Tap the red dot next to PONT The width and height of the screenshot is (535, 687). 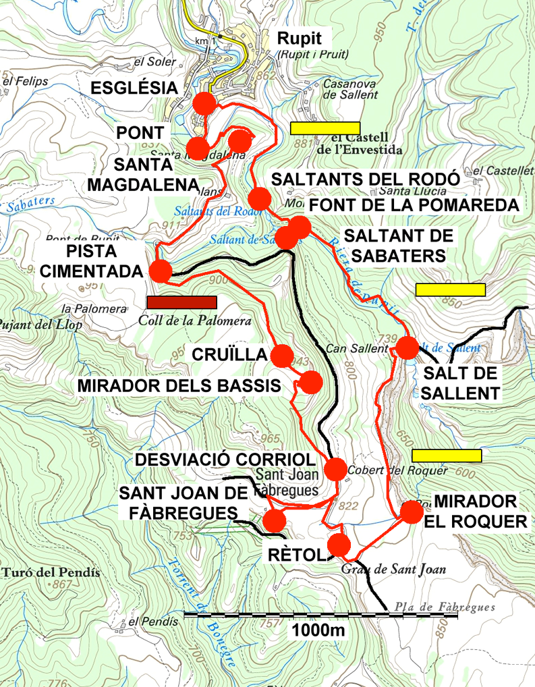click(197, 147)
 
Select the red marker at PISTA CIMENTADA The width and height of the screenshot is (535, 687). click(161, 271)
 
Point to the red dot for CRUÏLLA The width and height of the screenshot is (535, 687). click(282, 354)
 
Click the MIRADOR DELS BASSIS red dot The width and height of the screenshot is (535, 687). click(311, 382)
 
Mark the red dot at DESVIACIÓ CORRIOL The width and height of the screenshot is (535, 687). click(335, 468)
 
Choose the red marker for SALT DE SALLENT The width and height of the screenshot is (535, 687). click(407, 348)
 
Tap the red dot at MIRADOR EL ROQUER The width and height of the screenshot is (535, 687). click(411, 512)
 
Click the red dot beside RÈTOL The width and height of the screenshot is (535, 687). click(339, 544)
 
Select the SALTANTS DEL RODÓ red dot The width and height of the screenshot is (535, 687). click(259, 198)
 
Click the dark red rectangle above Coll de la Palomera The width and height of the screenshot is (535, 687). click(181, 302)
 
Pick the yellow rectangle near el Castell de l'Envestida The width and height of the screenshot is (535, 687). click(325, 128)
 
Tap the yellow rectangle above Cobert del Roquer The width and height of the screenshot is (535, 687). click(447, 456)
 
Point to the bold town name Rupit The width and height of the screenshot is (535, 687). click(300, 38)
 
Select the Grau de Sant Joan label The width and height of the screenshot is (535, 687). click(403, 569)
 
